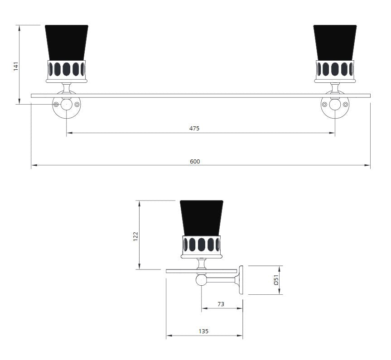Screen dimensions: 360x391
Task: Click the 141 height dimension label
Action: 15,67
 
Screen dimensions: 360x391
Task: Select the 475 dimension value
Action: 194,129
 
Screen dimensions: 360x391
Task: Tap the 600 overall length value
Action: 195,162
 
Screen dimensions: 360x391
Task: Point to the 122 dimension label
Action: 135,236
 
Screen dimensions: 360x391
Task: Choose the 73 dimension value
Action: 221,304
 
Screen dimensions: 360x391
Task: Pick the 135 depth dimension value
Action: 203,331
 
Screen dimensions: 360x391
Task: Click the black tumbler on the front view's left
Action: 67,42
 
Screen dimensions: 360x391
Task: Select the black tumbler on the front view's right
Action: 335,42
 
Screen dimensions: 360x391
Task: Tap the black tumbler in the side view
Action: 202,217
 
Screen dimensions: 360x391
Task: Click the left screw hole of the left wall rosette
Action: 56,105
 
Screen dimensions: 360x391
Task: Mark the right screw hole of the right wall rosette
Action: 345,105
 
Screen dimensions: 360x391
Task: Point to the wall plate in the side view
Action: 241,280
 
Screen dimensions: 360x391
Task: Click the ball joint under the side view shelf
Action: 201,280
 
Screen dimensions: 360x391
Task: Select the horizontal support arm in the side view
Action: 221,280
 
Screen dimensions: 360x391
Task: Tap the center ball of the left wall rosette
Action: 67,105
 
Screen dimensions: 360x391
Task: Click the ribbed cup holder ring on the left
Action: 67,69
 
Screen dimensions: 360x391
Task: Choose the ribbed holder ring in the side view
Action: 202,245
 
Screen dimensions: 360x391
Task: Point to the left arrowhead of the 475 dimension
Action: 69,133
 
